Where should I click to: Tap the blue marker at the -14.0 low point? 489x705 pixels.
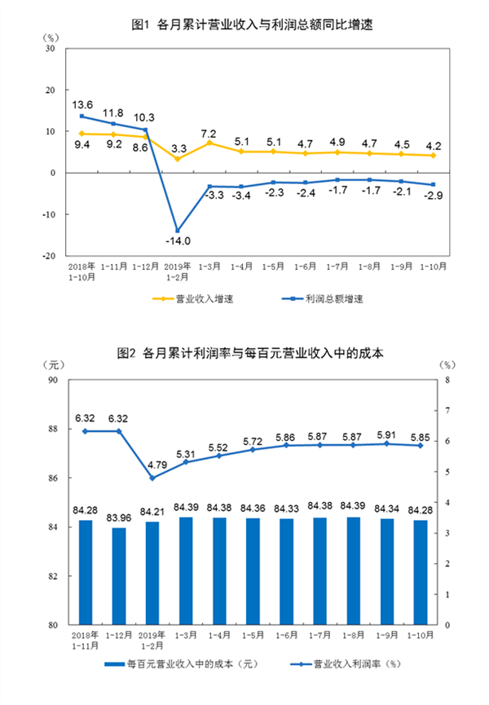177,231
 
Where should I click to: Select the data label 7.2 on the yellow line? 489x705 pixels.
208,133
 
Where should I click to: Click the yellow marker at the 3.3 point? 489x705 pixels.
177,159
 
